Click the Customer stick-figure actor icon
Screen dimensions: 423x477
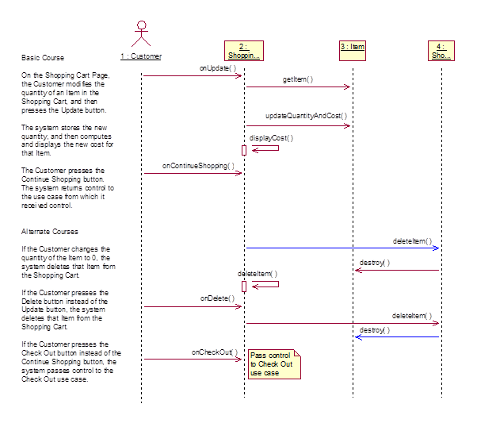point(141,32)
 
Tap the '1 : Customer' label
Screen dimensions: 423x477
point(141,56)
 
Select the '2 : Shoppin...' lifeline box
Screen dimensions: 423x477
point(244,51)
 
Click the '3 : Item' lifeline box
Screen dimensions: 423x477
point(353,48)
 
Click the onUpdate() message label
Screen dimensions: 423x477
point(218,68)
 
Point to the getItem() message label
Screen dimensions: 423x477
point(298,79)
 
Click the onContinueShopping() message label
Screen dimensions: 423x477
point(198,166)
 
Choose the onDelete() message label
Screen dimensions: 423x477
point(217,298)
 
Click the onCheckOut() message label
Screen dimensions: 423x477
point(214,352)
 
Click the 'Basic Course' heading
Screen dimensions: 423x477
point(43,58)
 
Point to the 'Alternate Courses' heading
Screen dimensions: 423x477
point(49,231)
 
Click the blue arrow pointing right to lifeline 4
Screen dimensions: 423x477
point(341,248)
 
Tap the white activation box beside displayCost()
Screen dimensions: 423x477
point(244,149)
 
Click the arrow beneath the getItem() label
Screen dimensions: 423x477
point(298,87)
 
